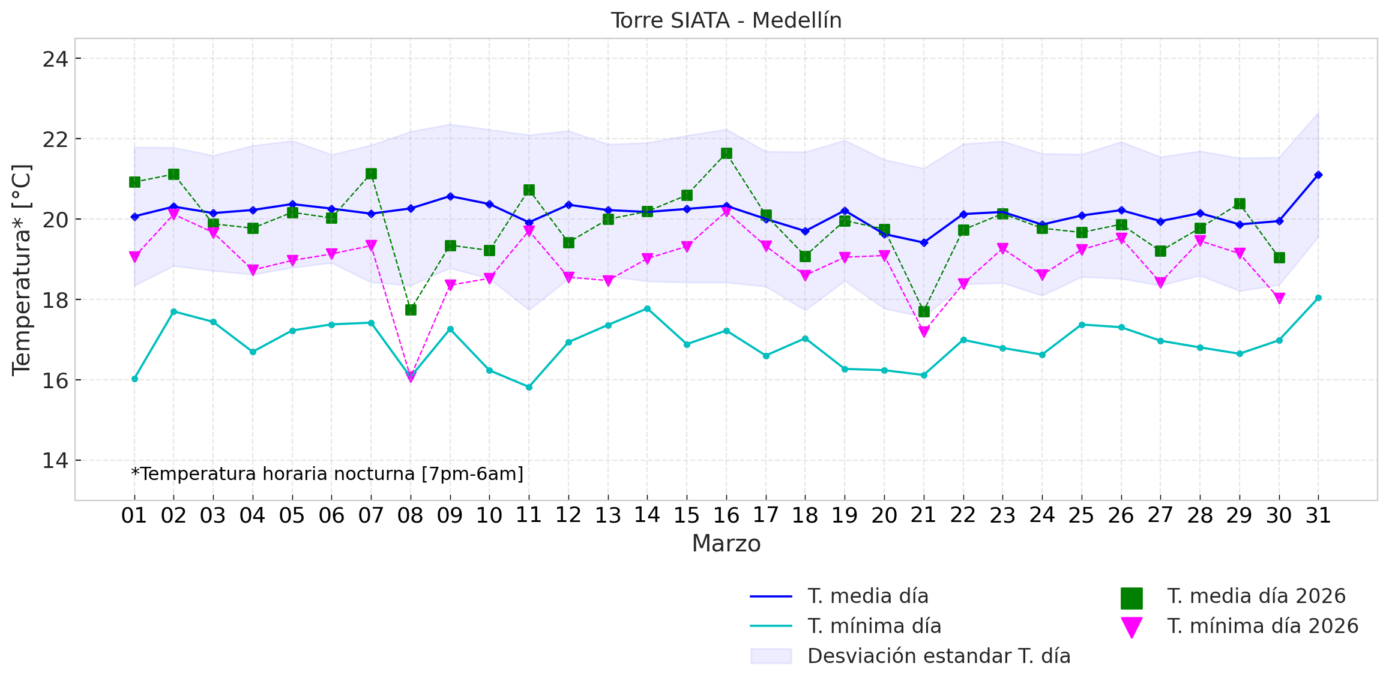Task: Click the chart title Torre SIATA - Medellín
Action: pyautogui.click(x=726, y=20)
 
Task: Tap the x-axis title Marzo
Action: pyautogui.click(x=726, y=544)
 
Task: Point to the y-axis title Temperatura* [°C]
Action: pyautogui.click(x=22, y=269)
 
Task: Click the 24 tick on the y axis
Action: pyautogui.click(x=55, y=59)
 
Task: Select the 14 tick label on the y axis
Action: pyautogui.click(x=55, y=461)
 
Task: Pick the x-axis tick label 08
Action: pyautogui.click(x=411, y=515)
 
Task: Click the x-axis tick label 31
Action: pyautogui.click(x=1318, y=515)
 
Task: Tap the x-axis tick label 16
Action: pyautogui.click(x=726, y=515)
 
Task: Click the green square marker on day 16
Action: pyautogui.click(x=726, y=154)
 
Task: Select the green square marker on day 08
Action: pyautogui.click(x=411, y=310)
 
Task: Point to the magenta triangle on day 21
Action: pyautogui.click(x=924, y=332)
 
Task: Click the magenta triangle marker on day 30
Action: pyautogui.click(x=1279, y=298)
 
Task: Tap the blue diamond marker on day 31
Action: pyautogui.click(x=1318, y=175)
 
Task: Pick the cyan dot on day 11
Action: pyautogui.click(x=529, y=387)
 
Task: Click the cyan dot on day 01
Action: pyautogui.click(x=134, y=379)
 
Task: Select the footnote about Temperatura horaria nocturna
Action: pyautogui.click(x=327, y=474)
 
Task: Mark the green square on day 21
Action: pyautogui.click(x=924, y=311)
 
